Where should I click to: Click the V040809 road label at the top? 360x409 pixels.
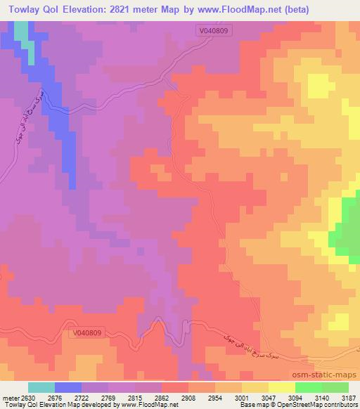pyautogui.click(x=214, y=32)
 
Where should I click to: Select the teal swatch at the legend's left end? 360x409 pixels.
pyautogui.click(x=41, y=387)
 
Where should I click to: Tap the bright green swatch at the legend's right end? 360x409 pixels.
pyautogui.click(x=335, y=387)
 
